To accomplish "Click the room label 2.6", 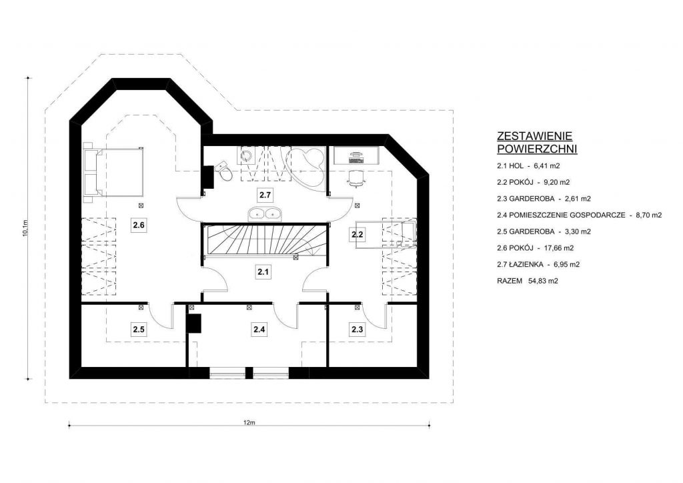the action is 139,225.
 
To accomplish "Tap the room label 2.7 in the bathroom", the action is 265,195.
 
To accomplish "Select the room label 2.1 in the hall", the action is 263,272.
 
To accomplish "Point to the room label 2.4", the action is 259,329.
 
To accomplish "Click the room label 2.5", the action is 139,330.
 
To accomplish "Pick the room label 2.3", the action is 358,330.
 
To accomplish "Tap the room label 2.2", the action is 358,234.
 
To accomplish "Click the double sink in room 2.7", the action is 265,213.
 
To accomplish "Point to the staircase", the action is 264,241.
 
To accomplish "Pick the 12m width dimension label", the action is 249,422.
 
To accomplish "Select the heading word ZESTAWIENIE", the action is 534,136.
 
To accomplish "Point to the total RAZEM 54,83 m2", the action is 528,281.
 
